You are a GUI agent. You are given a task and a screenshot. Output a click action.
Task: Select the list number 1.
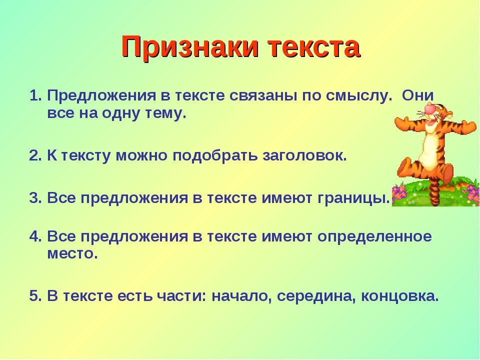(35, 96)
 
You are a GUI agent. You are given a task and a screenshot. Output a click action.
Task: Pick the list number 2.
(35, 156)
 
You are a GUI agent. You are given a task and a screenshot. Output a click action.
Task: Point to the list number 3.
(35, 198)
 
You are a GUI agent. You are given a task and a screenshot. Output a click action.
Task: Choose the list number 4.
(35, 236)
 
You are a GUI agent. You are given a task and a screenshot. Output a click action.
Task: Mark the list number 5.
(35, 296)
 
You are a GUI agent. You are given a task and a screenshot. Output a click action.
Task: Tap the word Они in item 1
(418, 96)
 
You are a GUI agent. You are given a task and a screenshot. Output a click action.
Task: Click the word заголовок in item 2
(304, 156)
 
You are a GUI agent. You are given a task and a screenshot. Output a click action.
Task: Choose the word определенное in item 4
(374, 237)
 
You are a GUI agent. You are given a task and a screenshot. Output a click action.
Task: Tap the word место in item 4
(72, 254)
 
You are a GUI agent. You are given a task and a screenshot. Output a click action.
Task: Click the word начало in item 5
(242, 296)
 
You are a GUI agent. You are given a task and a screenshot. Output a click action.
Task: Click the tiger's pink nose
(431, 109)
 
